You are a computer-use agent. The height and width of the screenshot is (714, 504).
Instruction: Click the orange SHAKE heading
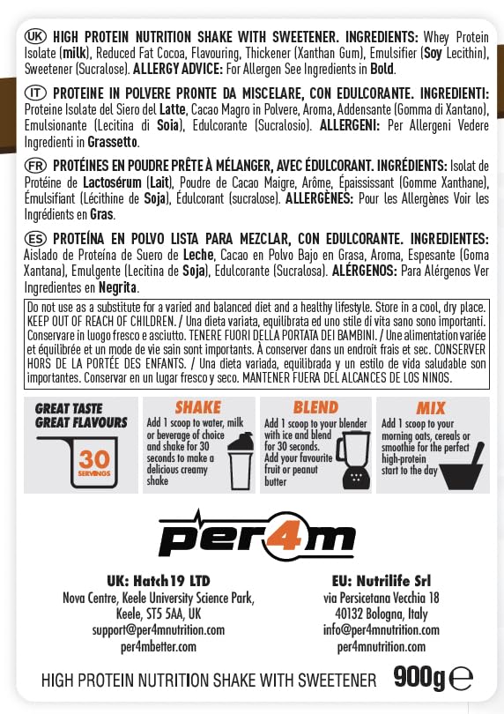pyautogui.click(x=197, y=407)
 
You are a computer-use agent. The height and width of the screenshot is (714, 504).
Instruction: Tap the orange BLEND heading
pyautogui.click(x=315, y=407)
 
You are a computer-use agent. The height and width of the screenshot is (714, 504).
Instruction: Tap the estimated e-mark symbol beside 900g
pyautogui.click(x=461, y=678)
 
